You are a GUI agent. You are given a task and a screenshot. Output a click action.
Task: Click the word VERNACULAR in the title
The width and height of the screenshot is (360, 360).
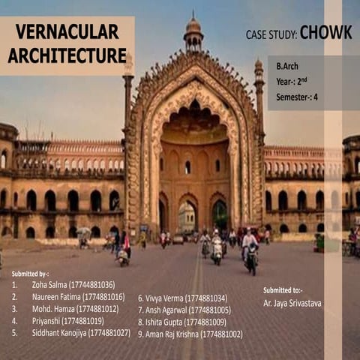[x=67, y=31]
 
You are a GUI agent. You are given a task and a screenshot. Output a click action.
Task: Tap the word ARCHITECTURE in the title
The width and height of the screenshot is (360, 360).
[x=67, y=55]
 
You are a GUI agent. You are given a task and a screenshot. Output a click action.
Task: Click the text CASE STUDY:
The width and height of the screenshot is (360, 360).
[x=271, y=34]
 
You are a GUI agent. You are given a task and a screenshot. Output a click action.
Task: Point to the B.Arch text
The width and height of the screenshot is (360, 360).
[x=286, y=66]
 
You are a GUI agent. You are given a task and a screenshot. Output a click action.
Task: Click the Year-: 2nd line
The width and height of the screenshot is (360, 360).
[x=291, y=81]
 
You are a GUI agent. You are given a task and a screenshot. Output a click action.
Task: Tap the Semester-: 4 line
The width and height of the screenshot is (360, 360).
[x=297, y=96]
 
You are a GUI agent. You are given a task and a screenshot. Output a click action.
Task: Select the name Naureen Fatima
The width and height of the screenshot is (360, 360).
[x=57, y=297]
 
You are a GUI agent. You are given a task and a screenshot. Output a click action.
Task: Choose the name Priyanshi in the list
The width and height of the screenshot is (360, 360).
[x=46, y=320]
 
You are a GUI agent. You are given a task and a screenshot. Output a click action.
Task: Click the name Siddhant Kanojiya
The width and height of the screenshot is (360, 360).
[x=60, y=332]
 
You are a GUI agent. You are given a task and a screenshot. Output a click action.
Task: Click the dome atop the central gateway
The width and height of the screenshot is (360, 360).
[x=193, y=28]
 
